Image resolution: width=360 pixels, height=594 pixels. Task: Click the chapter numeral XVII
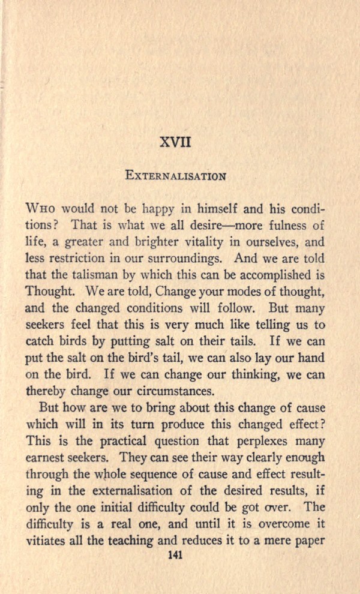tap(175, 143)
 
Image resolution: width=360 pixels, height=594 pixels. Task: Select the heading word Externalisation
tap(175, 176)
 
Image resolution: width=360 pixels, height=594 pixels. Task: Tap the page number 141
tap(175, 555)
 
